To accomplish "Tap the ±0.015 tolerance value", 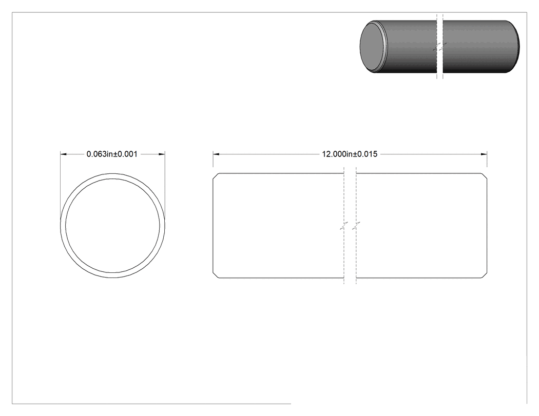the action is coord(365,154).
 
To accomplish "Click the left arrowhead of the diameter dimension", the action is coord(64,154).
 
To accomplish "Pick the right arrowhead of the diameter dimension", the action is coord(162,154).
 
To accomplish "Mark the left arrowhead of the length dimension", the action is coord(216,154).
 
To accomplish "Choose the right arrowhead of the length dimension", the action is coord(484,154).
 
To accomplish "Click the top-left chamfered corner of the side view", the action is coord(216,176).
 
